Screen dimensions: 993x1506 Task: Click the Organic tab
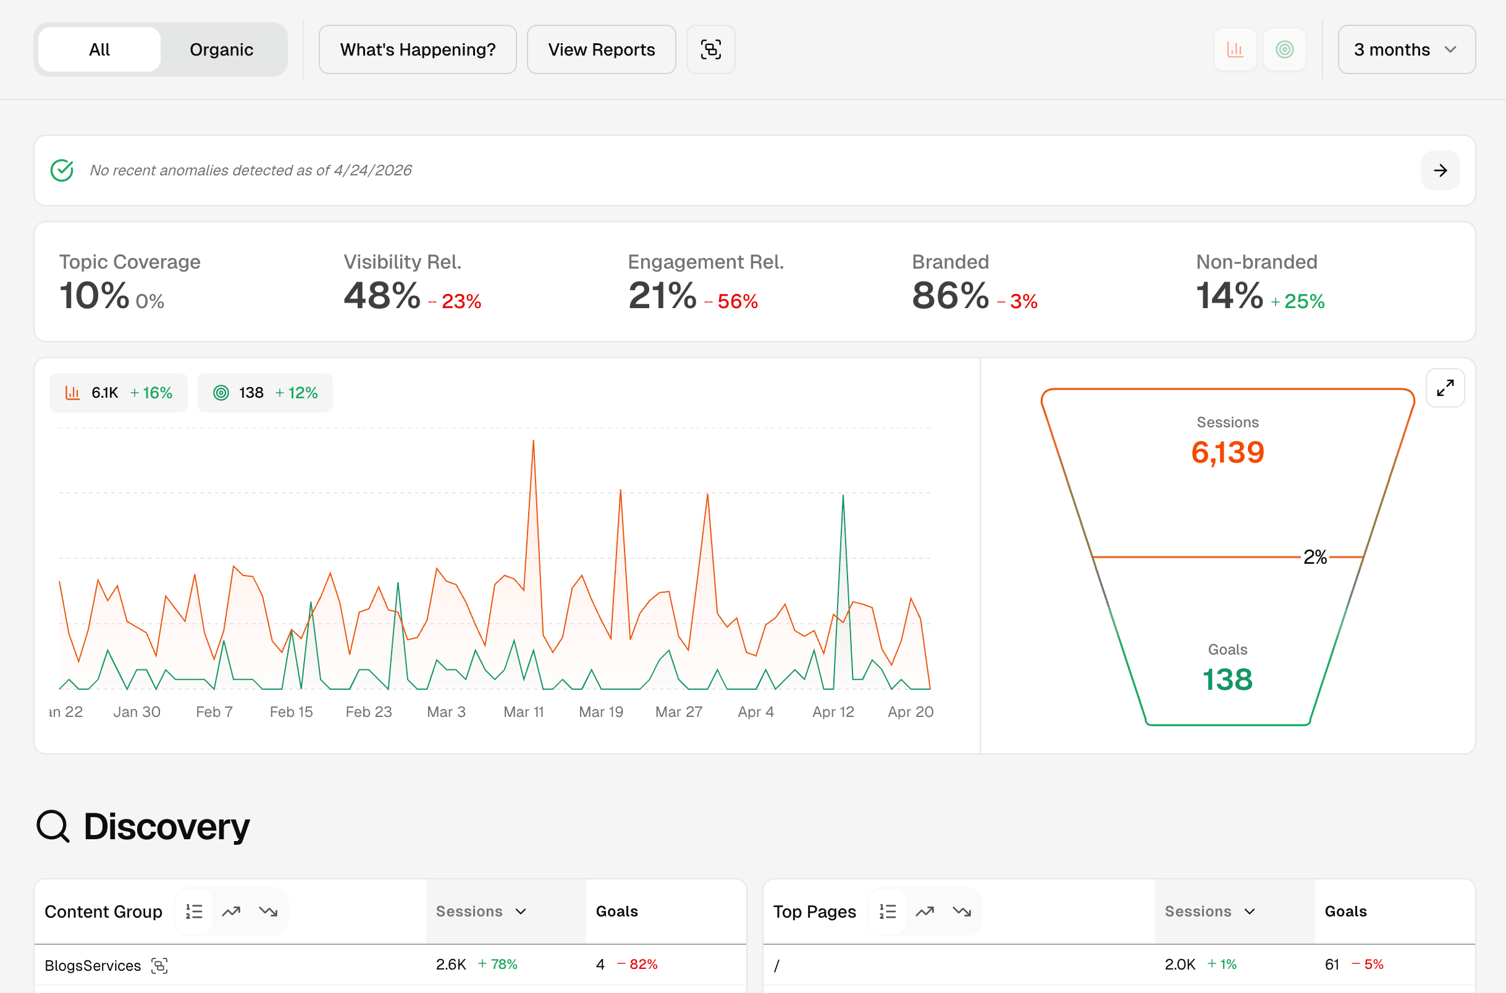pos(221,49)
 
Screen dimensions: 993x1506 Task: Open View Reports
pos(601,49)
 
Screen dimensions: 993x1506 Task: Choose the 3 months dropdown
pos(1406,49)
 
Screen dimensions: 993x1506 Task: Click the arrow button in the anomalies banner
pos(1439,170)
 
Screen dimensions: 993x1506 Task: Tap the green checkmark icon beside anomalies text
pos(62,170)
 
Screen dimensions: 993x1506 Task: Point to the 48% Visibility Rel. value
pos(382,296)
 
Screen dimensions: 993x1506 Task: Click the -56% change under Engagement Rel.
pos(731,301)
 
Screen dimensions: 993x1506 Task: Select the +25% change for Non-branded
pos(1298,301)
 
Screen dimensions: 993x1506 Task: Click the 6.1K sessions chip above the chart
pos(119,393)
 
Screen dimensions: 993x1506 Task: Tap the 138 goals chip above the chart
pos(265,393)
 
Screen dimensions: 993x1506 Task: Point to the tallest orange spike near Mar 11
pos(533,442)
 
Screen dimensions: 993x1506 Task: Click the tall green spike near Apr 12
pos(843,497)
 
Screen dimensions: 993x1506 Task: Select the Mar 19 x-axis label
pos(600,712)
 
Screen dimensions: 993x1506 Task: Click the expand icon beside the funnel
pos(1445,388)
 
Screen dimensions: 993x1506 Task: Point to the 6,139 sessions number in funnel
pos(1227,452)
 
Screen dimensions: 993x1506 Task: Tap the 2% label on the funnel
pos(1315,556)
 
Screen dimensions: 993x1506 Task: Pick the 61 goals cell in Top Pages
pos(1331,964)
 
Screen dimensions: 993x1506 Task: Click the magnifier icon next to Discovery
pos(53,826)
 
